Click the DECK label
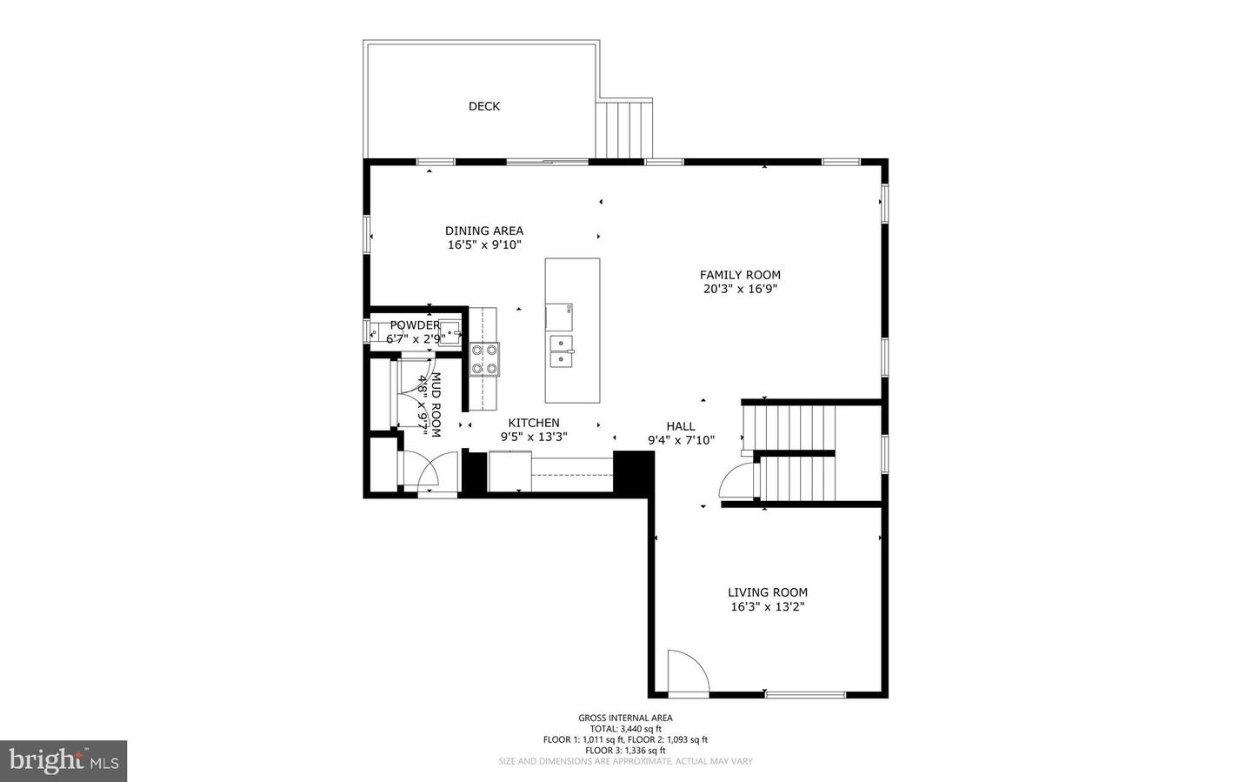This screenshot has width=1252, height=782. pos(484,106)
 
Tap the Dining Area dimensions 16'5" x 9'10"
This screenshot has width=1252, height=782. pos(484,245)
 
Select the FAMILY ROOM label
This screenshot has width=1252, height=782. pos(740,275)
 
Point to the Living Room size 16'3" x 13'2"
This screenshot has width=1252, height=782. pos(768,607)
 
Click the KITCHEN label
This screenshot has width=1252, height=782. pos(534,423)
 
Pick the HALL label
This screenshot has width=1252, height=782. pos(681,426)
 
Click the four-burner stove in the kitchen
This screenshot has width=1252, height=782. pos(485,359)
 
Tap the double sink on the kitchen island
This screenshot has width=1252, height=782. pos(562,350)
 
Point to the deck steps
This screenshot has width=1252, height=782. pos(623,129)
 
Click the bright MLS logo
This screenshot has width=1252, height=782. pos(63,761)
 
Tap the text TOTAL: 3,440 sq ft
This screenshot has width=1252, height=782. pos(626,729)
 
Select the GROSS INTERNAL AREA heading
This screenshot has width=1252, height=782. pos(626,718)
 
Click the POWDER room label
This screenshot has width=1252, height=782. pos(415,325)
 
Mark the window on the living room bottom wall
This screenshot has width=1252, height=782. pos(805,694)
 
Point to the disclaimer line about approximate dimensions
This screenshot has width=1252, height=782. pos(626,761)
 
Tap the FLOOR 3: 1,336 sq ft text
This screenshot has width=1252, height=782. pos(626,750)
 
